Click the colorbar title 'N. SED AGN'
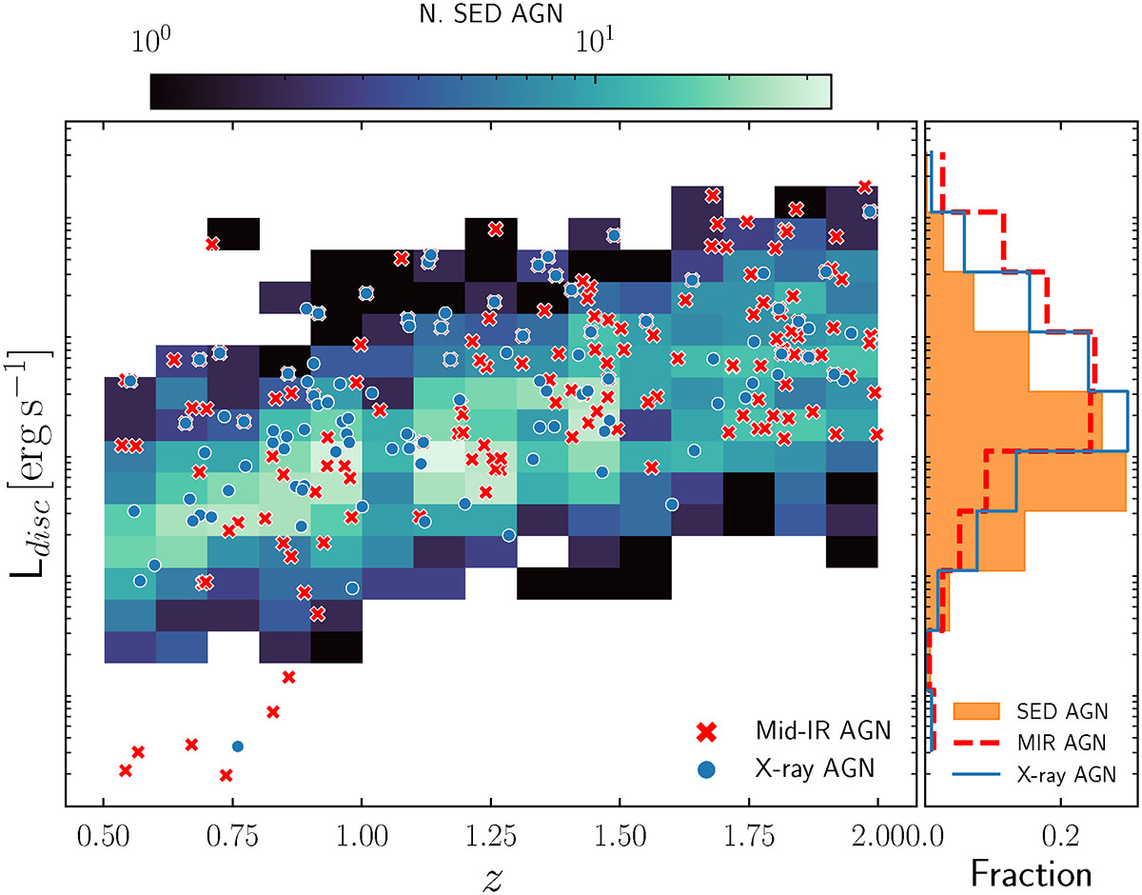(491, 13)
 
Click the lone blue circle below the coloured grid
(238, 746)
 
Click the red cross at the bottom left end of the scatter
(125, 769)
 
